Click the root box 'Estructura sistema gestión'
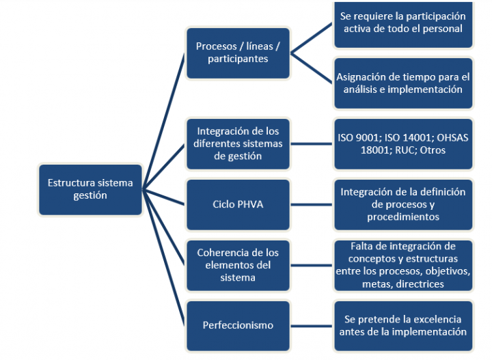[x=90, y=189]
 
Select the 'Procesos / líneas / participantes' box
[x=238, y=53]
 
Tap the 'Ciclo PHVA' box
[x=238, y=204]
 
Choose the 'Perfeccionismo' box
[x=238, y=325]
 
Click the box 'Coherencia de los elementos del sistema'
[x=238, y=265]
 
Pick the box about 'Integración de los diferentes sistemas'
[x=238, y=143]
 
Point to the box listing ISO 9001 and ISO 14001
[x=403, y=143]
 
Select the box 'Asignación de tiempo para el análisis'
[x=403, y=83]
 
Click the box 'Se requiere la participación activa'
[x=403, y=23]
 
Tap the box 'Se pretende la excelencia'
[x=403, y=325]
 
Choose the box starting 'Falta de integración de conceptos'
[x=403, y=265]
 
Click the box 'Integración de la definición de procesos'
[x=403, y=204]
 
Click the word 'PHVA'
[x=250, y=204]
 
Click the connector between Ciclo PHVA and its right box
[x=312, y=204]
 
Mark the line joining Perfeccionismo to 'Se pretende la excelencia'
[x=312, y=325]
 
